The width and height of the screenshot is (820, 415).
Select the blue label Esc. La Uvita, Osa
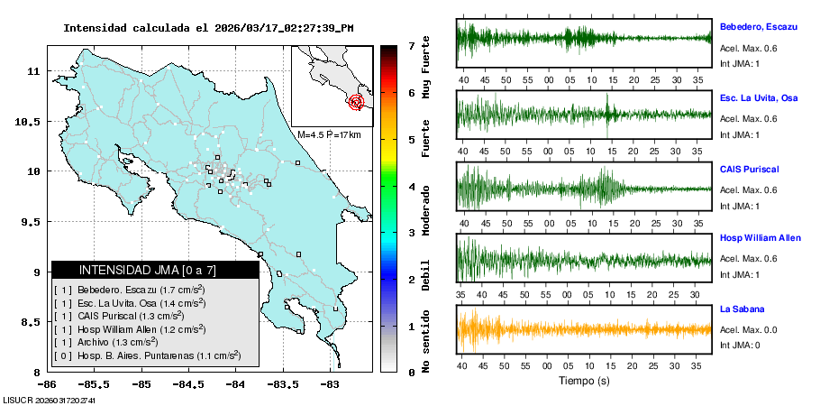(759, 97)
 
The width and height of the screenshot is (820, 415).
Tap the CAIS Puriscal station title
(749, 169)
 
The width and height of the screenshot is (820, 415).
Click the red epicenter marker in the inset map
(356, 102)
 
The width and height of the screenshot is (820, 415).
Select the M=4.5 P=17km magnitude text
(329, 135)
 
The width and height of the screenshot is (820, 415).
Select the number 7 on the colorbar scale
(410, 45)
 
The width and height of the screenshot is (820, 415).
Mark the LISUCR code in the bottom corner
(49, 400)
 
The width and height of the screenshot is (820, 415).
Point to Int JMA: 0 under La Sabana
(740, 345)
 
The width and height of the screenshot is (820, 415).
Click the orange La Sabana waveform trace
(585, 329)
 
